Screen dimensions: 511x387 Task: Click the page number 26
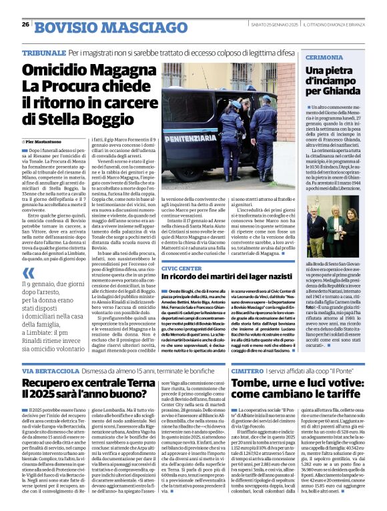pyautogui.click(x=25, y=25)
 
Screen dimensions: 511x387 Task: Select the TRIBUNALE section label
pyautogui.click(x=43, y=51)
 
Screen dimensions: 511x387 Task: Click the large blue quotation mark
pyautogui.click(x=28, y=273)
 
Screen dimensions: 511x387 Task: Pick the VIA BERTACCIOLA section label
pyautogui.click(x=49, y=370)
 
